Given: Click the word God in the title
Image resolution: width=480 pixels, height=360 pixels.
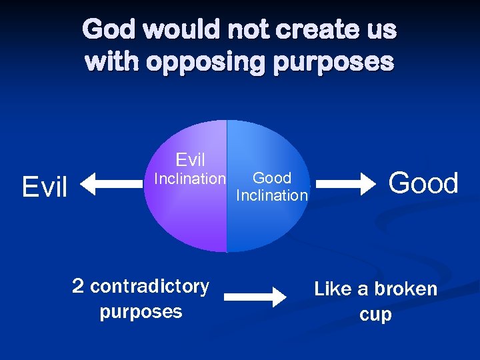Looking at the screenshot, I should tap(108, 30).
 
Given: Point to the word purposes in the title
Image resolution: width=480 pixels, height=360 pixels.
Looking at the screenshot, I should tap(335, 63).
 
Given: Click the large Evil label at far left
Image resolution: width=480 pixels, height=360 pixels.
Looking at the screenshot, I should tap(45, 187).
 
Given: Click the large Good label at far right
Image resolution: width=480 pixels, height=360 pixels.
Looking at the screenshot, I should tap(423, 183).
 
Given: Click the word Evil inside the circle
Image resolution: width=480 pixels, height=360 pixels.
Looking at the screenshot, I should tap(190, 160).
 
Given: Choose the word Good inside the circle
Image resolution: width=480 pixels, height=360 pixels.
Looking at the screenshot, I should tap(272, 178).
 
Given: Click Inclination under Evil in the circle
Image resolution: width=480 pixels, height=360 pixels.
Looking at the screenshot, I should tap(190, 179).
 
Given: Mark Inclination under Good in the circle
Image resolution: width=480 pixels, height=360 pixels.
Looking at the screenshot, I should tap(272, 195).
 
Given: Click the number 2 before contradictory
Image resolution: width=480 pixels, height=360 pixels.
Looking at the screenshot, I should tap(78, 287).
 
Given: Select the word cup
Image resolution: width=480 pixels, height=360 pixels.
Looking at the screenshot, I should tap(375, 315).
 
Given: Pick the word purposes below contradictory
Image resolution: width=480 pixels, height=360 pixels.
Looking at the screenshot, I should tap(141, 312).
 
